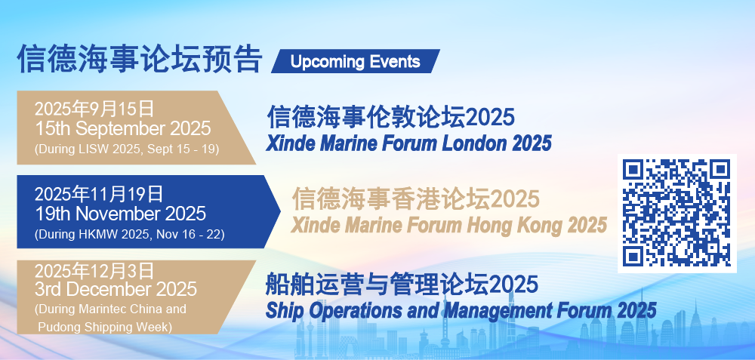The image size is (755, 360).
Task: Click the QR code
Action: coord(677,214)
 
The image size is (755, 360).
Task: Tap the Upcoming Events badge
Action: coord(356,62)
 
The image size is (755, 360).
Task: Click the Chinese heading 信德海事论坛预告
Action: coord(140,59)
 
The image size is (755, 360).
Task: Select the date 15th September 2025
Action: coord(123,129)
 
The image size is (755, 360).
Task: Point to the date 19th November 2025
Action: coord(120,214)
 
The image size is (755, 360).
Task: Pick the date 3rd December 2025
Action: coord(116,289)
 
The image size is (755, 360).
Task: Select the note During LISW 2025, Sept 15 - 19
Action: coord(127,149)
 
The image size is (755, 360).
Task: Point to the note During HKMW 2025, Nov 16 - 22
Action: coord(130,235)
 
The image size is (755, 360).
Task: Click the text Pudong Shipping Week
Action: coord(104,328)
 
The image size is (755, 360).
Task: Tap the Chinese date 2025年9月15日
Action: coord(94,109)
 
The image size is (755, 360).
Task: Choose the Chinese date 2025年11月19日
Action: coord(99,195)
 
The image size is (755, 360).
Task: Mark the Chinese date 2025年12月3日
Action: coord(94,270)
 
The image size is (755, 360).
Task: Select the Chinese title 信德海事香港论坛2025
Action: coord(415,199)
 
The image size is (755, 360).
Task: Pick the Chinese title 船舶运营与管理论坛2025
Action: coord(402,284)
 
